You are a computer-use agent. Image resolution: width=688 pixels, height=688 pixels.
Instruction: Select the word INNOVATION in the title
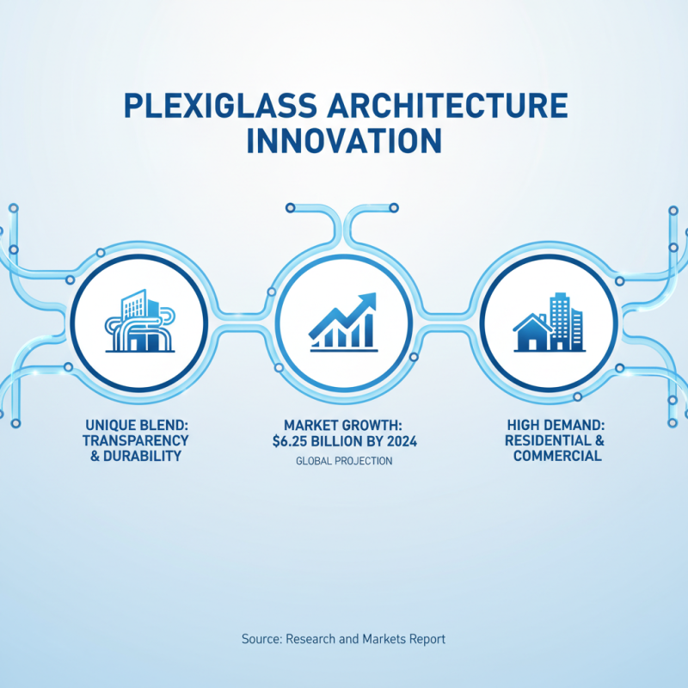tap(344, 141)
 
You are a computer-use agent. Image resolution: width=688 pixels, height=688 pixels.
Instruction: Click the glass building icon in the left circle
tap(138, 321)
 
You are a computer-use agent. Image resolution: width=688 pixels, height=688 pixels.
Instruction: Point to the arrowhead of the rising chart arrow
tap(368, 300)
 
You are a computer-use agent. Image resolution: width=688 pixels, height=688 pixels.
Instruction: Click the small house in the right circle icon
tap(532, 333)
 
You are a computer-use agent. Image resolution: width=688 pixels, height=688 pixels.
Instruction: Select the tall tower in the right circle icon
tap(561, 320)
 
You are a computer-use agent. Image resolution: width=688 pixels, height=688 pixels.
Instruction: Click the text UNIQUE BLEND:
tap(137, 425)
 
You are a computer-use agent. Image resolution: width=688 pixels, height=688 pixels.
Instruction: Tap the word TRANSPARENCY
tap(138, 440)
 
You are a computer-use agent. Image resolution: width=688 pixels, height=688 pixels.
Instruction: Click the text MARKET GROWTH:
tap(343, 425)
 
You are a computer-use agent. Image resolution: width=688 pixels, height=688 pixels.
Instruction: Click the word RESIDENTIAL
tap(549, 440)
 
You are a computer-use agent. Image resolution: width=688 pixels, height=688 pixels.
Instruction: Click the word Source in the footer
tap(261, 640)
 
